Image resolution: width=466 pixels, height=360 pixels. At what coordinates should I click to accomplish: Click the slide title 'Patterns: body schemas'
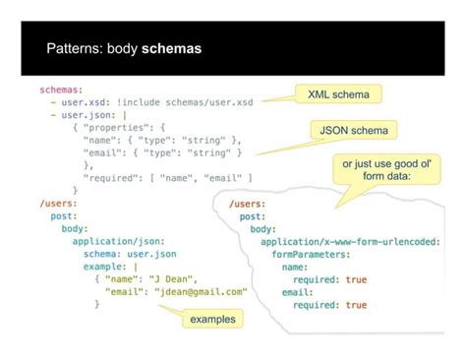point(123,47)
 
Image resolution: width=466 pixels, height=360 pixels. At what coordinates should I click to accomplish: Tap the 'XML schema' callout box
point(338,93)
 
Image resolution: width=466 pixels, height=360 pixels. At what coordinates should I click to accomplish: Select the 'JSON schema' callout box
point(354,130)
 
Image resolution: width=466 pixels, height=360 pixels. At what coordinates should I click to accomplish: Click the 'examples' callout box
point(213,320)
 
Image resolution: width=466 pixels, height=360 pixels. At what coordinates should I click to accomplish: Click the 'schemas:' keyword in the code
point(60,89)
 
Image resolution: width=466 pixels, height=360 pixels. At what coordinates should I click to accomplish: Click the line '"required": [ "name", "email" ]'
point(168,177)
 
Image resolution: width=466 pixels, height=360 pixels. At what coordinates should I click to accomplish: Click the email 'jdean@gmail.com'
point(201,292)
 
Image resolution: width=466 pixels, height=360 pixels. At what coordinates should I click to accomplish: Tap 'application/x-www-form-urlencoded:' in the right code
point(350,241)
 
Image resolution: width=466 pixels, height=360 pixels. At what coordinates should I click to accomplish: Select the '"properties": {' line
point(123,127)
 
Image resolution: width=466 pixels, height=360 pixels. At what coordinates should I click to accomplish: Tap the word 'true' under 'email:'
point(356,305)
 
